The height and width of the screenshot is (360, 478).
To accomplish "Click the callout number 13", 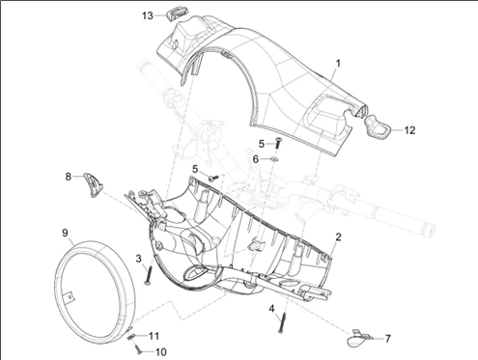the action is point(148,15).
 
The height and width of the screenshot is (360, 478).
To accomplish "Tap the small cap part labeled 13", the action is point(172,14).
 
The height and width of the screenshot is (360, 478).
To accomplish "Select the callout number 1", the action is point(338,64).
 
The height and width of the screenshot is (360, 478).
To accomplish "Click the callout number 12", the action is point(409,130).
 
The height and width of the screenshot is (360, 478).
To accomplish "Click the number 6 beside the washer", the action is point(255,159).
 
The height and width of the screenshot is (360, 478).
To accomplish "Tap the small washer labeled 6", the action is point(274,159).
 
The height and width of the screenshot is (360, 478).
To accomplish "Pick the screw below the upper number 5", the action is point(277,142).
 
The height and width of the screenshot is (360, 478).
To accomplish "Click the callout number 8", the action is point(69,177).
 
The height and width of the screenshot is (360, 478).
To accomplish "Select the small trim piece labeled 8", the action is point(94,184).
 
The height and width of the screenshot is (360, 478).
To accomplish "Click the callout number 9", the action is point(65,233).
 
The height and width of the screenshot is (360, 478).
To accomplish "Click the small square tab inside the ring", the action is point(70,296).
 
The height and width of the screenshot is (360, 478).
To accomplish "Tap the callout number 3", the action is point(138,259).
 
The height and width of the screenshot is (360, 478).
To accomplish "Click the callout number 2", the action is point(338,237).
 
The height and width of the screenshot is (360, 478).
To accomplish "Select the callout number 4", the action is point(271,309).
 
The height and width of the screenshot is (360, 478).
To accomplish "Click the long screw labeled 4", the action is point(282,322).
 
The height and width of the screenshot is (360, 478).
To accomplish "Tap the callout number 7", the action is point(388,339).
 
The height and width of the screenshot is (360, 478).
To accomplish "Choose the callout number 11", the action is point(154,336).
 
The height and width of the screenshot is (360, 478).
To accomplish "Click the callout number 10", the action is point(160,352).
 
